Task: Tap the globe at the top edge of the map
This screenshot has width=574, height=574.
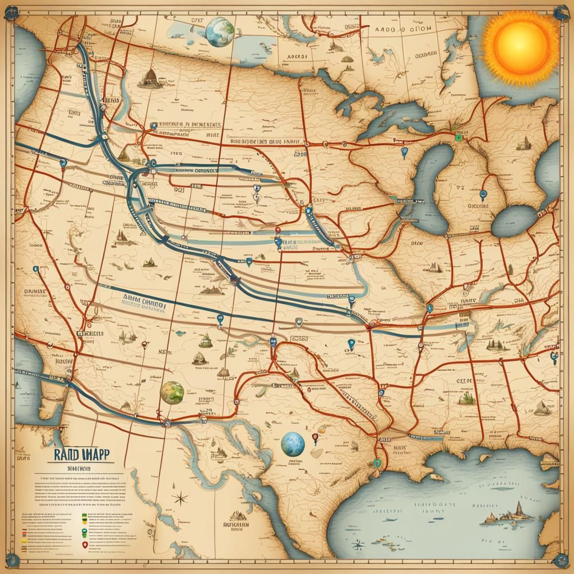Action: click(x=220, y=31)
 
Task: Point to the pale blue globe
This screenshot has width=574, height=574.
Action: click(x=292, y=445)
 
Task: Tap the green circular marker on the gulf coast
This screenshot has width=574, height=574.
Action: click(x=378, y=462)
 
